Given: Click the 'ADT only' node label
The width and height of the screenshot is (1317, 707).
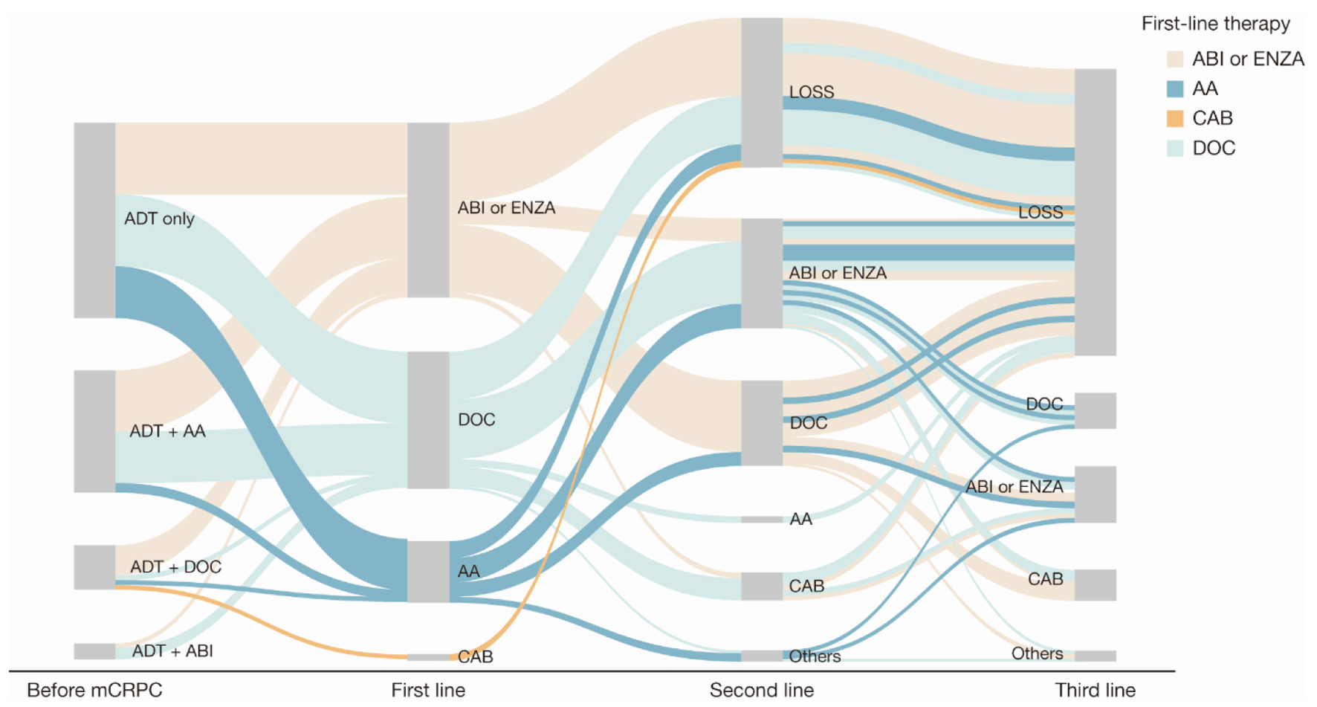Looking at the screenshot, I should [x=159, y=219].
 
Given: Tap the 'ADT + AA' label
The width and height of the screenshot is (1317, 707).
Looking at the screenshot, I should [x=167, y=431].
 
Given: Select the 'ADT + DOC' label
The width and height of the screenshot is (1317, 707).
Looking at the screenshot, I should [x=175, y=566].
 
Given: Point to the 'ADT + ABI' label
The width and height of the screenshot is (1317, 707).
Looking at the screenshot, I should [x=172, y=651].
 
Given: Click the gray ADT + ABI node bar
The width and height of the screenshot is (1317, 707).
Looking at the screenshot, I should [x=94, y=651].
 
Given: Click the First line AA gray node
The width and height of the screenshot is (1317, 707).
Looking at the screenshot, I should [x=428, y=571].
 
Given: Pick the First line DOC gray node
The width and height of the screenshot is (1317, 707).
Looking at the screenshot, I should [x=428, y=420].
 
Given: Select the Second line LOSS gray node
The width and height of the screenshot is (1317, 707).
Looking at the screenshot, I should [x=762, y=92].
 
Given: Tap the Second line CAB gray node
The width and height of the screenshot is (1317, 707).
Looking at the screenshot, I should [x=762, y=586].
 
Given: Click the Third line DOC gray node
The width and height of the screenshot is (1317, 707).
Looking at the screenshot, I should [x=1095, y=410].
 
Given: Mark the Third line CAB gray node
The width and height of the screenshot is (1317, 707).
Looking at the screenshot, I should [x=1095, y=584].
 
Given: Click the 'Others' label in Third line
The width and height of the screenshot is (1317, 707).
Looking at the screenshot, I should [x=1037, y=653].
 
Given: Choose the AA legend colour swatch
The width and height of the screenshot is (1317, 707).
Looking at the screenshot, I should [x=1175, y=89].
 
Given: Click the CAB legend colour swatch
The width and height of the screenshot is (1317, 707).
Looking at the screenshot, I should [x=1175, y=118].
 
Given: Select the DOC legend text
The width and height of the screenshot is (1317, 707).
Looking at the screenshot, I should [x=1214, y=148].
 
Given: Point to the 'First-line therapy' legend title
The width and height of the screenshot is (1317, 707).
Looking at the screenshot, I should [x=1215, y=24].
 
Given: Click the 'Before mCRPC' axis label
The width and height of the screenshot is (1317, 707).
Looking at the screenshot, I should [x=94, y=690].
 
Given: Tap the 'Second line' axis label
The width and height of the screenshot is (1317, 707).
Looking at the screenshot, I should [x=761, y=690].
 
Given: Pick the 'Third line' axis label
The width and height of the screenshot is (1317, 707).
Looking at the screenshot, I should [x=1095, y=690].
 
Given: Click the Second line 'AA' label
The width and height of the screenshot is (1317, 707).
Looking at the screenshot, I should [x=800, y=519].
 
